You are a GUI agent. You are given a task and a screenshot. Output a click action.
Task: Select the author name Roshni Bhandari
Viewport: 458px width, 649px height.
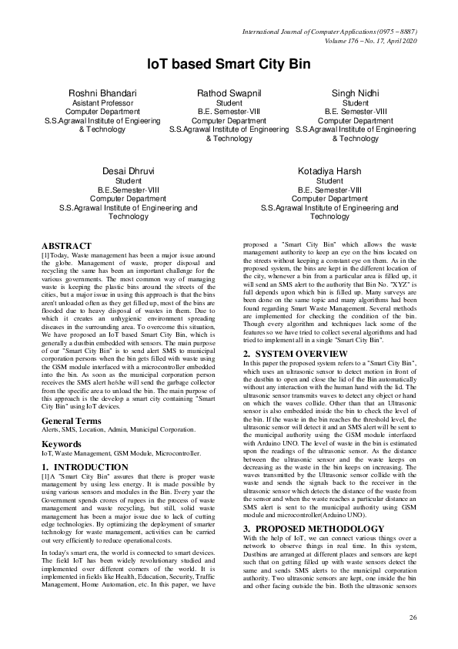pos(102,93)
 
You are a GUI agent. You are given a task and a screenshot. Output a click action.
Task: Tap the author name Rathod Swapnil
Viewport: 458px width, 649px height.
pos(229,93)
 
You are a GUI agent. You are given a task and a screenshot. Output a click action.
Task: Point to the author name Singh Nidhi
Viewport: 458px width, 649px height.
pos(355,93)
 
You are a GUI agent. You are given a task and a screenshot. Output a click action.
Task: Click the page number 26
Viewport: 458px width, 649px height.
pos(412,617)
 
